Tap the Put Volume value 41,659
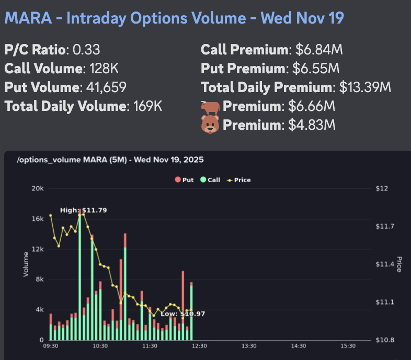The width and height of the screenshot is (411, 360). pyautogui.click(x=105, y=87)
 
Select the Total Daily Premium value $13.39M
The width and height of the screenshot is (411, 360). pyautogui.click(x=365, y=87)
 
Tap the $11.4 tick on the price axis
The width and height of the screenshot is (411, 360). pyautogui.click(x=384, y=264)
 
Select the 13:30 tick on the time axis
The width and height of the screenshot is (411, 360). pyautogui.click(x=249, y=346)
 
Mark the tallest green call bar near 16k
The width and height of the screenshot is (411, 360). pyautogui.click(x=79, y=277)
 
